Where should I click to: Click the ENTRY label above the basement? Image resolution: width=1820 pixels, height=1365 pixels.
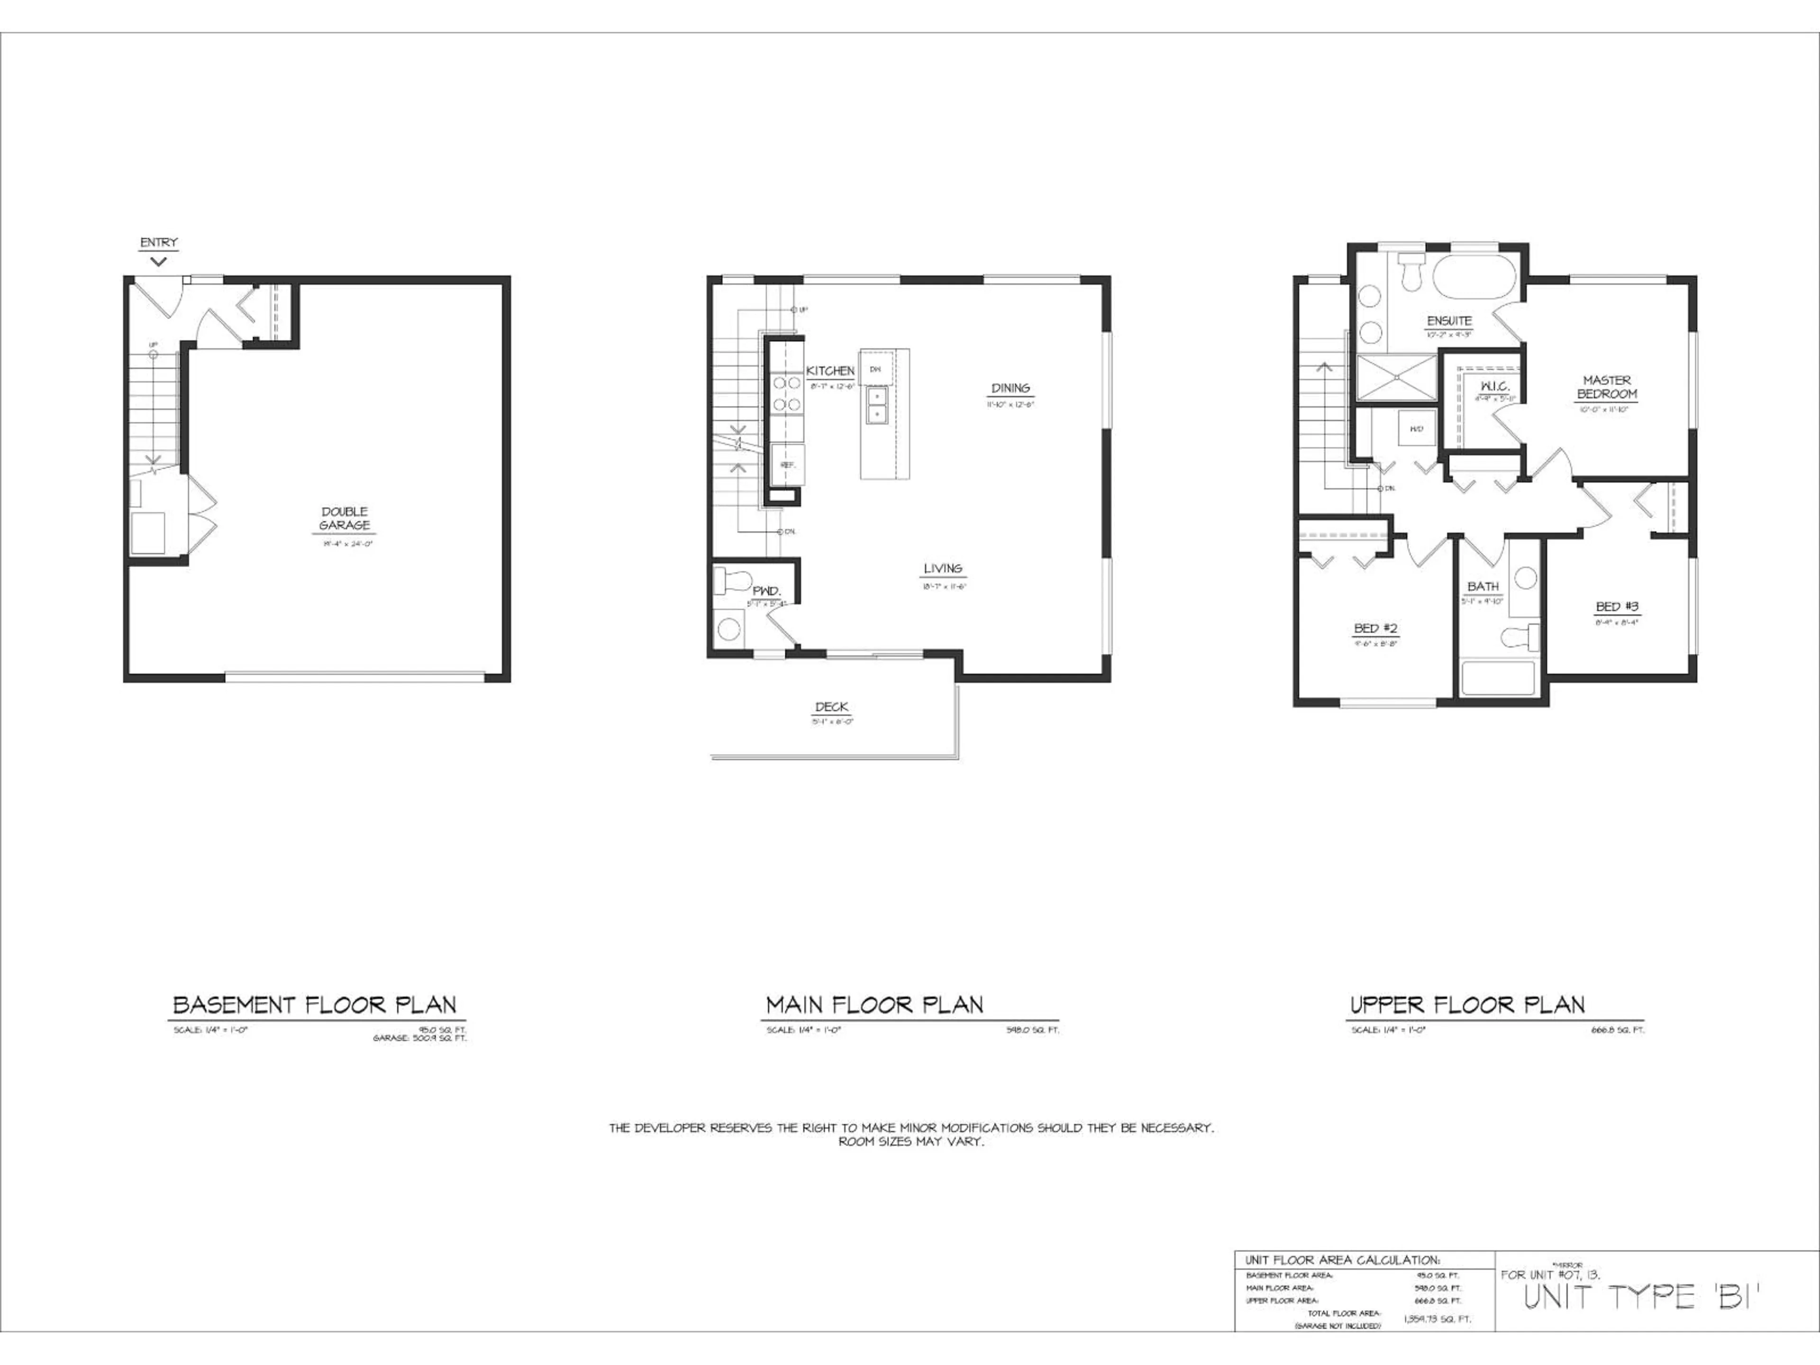coord(159,243)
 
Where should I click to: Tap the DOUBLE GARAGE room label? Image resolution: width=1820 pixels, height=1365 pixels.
coord(345,519)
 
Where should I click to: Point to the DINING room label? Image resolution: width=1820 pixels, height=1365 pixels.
coord(1010,388)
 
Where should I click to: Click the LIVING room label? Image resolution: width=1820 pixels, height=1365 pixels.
coord(943,569)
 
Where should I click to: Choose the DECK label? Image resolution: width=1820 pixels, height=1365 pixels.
coord(832,707)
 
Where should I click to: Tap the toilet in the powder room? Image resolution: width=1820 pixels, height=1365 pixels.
coord(728,579)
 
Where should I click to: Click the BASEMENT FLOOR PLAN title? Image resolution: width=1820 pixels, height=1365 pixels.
coord(314,1005)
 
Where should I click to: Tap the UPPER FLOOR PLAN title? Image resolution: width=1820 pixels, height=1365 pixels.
coord(1467,1005)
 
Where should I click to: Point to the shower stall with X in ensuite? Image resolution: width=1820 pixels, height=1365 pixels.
coord(1396,378)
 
